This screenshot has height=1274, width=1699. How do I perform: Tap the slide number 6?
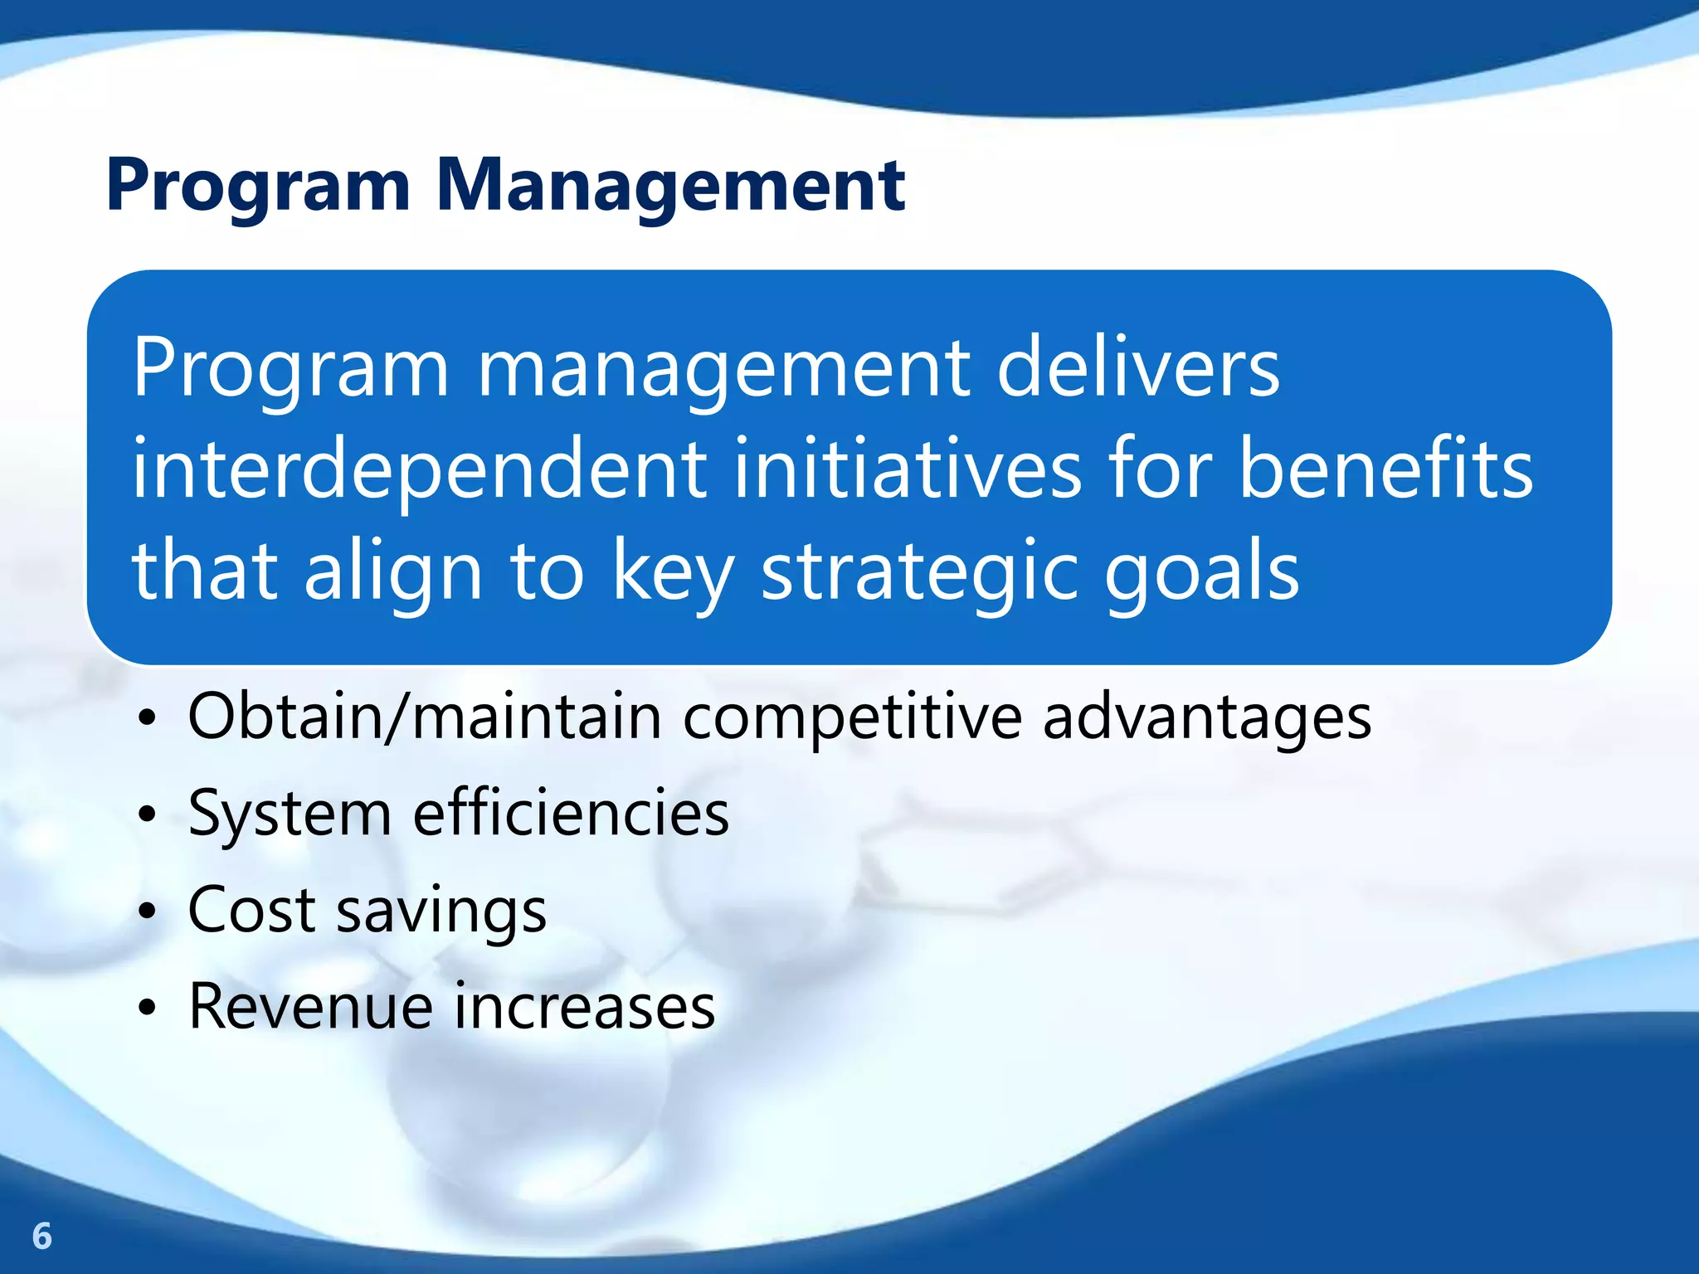(x=41, y=1236)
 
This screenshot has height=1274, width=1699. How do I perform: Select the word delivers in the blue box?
(x=1138, y=367)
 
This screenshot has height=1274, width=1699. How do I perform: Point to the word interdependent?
(x=419, y=470)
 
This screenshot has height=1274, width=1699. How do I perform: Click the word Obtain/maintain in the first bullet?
(x=424, y=717)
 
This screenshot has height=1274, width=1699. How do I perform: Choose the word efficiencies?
(x=571, y=813)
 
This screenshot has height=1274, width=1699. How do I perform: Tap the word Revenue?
(x=310, y=1007)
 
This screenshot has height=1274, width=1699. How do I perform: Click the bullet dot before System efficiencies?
(x=147, y=814)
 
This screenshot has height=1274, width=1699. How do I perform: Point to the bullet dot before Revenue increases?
(x=147, y=1009)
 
